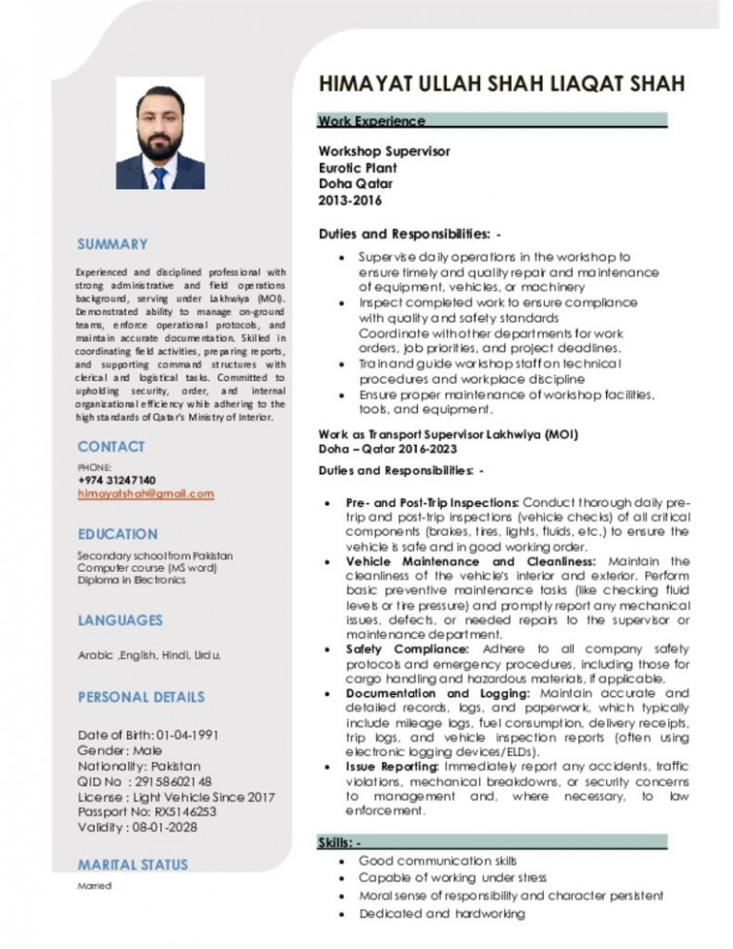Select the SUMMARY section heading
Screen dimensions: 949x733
pos(114,244)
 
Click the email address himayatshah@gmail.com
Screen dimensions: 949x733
pos(146,493)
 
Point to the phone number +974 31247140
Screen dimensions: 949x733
pos(118,479)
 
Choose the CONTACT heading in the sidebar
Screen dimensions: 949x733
pos(112,446)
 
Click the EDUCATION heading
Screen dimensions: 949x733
pos(118,534)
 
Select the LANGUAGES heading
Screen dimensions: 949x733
pos(120,620)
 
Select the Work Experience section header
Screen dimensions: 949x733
pos(372,121)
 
